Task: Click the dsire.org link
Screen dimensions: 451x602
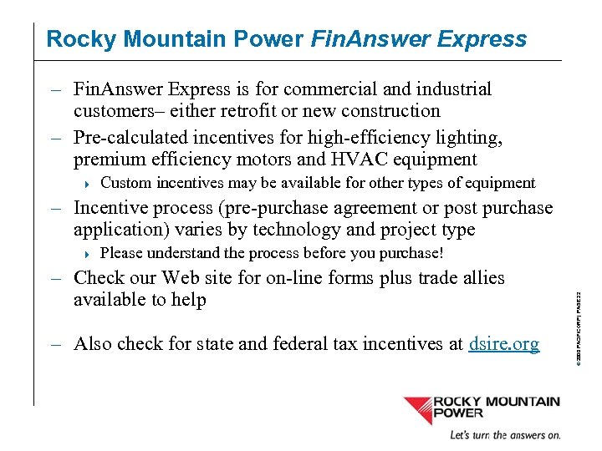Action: (x=504, y=343)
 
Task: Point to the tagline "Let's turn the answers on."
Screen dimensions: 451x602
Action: (x=505, y=435)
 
